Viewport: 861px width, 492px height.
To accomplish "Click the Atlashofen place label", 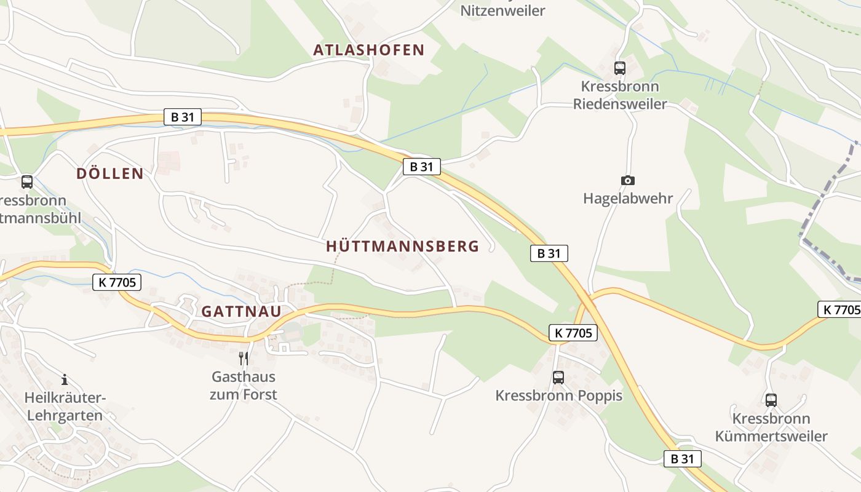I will tap(369, 50).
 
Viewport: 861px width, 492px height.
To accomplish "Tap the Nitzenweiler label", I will tap(502, 10).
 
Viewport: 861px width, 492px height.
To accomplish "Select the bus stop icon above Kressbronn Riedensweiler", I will tap(619, 68).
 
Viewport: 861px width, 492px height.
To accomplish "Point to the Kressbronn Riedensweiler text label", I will tap(620, 95).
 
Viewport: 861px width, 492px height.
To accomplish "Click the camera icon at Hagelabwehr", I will tap(627, 180).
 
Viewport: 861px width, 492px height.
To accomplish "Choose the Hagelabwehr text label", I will tap(627, 199).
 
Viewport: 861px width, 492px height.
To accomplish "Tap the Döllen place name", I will tap(110, 174).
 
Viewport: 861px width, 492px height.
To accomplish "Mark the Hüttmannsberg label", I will tap(402, 247).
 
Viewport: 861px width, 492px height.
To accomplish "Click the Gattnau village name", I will tap(241, 311).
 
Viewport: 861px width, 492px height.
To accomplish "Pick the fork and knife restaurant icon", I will tap(244, 358).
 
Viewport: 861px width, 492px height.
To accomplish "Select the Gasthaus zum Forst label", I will tap(244, 386).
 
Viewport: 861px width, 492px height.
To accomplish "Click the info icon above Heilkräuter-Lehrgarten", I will tap(65, 380).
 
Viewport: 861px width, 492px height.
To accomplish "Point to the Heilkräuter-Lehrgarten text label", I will tap(65, 407).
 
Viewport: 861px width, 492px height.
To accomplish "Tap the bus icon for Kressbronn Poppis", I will tap(558, 377).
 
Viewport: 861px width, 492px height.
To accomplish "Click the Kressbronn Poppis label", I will tap(558, 395).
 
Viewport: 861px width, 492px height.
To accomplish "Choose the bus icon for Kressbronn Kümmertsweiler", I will tap(771, 400).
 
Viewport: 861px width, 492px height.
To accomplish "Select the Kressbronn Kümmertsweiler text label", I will tap(771, 427).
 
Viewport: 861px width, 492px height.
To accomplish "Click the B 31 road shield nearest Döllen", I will tap(183, 117).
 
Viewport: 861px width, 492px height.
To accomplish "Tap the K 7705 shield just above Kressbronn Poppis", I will tap(573, 333).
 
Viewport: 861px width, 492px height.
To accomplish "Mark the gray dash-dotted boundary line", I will tap(824, 209).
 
